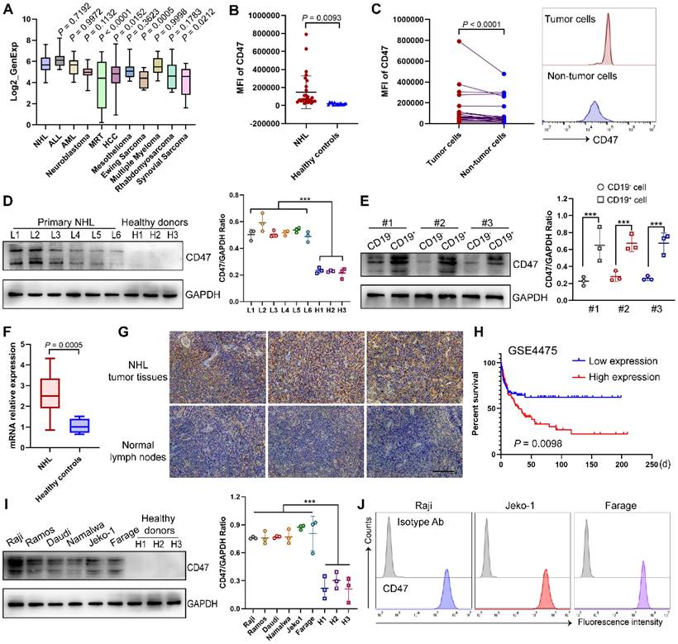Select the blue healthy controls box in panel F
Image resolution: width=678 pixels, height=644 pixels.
[x=102, y=425]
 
